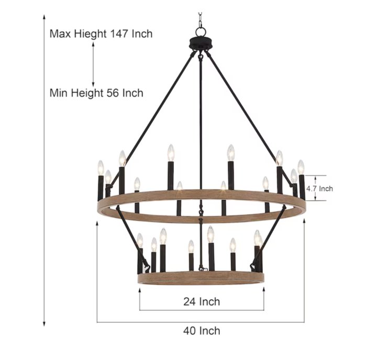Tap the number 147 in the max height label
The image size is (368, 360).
click(x=119, y=34)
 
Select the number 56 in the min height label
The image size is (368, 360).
click(x=113, y=93)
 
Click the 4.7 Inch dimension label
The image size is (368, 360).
click(x=319, y=189)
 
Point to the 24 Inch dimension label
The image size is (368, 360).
click(x=202, y=301)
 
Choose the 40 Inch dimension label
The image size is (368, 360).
click(x=202, y=331)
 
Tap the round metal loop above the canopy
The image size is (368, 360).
click(x=200, y=31)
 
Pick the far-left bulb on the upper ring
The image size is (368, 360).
click(x=101, y=168)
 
